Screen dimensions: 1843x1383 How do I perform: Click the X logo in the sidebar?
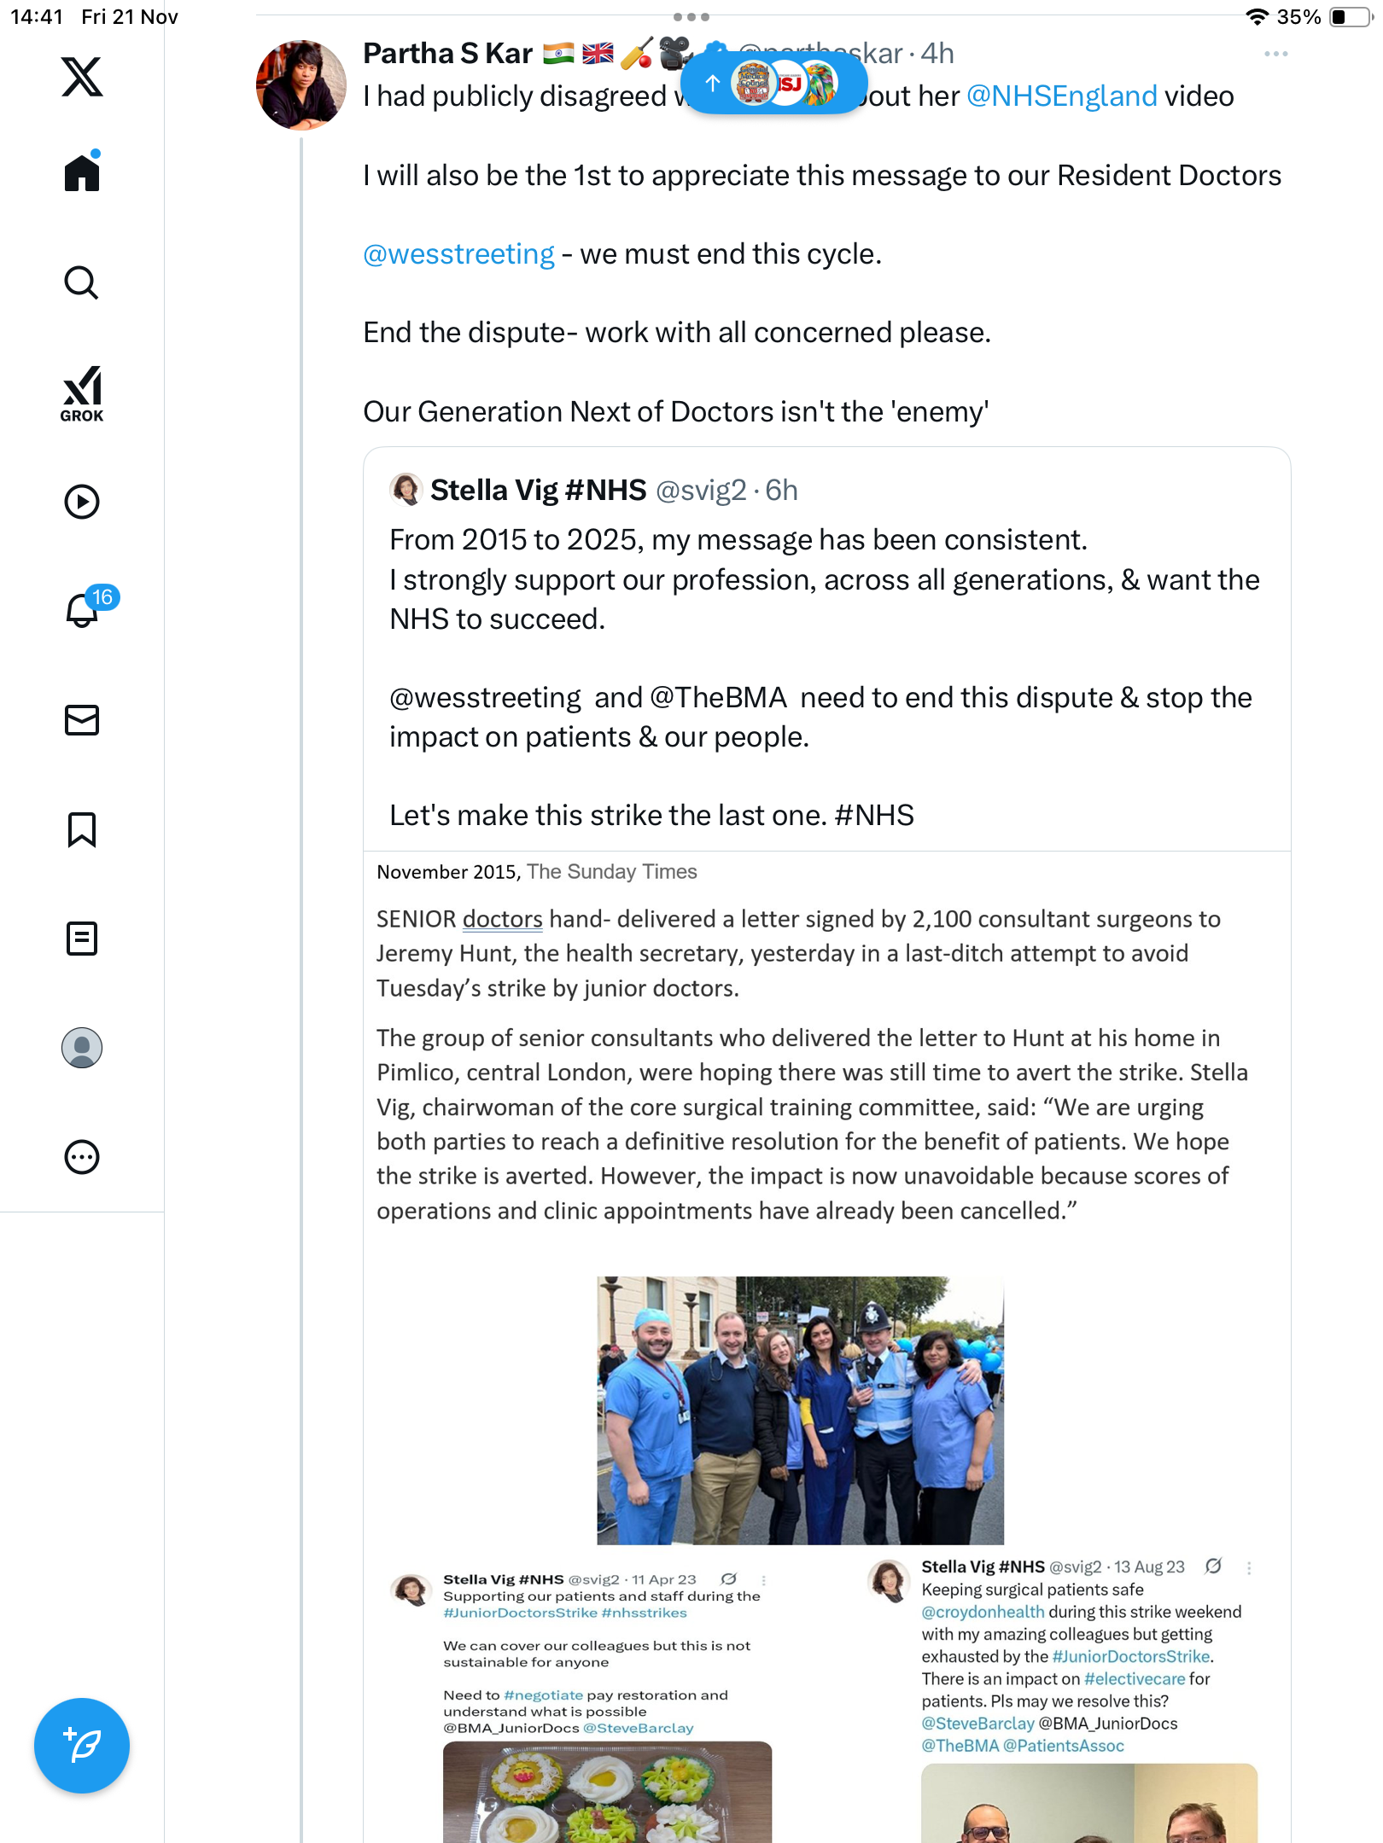tap(82, 77)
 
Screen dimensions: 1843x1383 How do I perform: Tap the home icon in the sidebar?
tap(82, 172)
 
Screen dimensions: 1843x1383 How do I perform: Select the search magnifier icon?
tap(82, 282)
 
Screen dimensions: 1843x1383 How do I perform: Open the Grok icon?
tap(82, 393)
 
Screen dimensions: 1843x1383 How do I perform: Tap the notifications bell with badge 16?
tap(83, 610)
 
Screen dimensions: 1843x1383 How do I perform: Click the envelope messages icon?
tap(82, 720)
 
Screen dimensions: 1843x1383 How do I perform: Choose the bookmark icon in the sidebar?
tap(82, 829)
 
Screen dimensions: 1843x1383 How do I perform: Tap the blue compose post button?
tap(82, 1746)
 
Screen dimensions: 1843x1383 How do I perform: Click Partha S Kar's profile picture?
tap(301, 85)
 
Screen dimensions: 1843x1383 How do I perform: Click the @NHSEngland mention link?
tap(1061, 96)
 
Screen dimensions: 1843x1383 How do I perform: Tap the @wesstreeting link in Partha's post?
tap(458, 254)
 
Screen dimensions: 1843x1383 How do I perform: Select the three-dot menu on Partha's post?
tap(1275, 54)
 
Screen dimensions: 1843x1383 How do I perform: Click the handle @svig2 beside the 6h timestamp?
tap(700, 491)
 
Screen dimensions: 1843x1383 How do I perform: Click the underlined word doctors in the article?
tap(502, 919)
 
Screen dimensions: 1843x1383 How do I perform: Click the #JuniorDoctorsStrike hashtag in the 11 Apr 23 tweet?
tap(520, 1613)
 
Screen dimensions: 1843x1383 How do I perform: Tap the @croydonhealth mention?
tap(983, 1612)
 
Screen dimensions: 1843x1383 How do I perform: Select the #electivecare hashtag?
tap(1135, 1678)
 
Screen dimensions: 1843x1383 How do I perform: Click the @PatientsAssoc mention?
tap(1063, 1746)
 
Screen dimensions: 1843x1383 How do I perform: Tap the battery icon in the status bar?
tap(1351, 17)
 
